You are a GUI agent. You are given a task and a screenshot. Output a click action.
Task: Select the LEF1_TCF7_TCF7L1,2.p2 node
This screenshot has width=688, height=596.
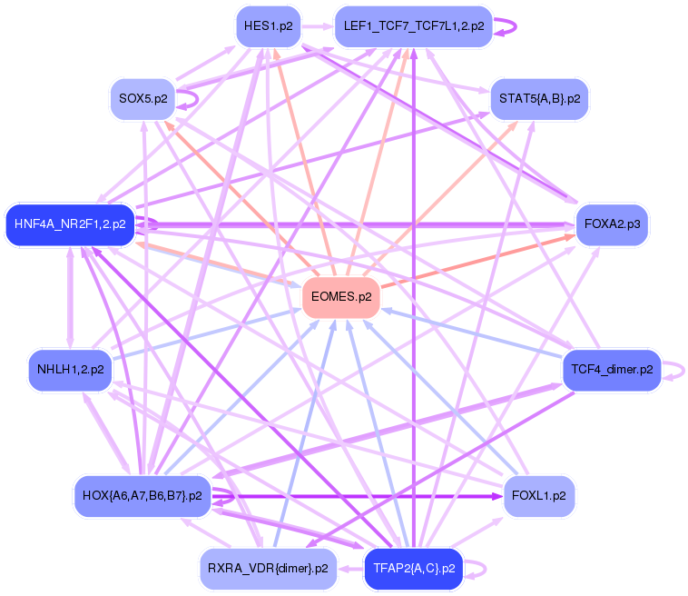point(413,26)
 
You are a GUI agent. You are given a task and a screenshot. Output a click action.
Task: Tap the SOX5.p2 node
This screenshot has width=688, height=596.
point(143,98)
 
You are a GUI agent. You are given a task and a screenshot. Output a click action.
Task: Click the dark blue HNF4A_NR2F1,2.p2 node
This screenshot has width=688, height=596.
point(70,223)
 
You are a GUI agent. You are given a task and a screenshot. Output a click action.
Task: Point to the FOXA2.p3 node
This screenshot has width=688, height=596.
point(614,223)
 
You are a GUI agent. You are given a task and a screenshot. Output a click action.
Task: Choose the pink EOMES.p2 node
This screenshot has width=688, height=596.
point(340,297)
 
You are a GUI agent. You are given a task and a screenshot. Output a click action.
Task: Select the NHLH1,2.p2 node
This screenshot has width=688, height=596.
point(70,370)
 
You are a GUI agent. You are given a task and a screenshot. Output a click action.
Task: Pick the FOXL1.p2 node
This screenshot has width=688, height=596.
point(539,496)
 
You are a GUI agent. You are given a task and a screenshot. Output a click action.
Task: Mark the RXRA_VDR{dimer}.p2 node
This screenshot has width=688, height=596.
point(268,569)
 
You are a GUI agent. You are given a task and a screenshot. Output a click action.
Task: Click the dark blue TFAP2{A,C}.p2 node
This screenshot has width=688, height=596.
point(413,569)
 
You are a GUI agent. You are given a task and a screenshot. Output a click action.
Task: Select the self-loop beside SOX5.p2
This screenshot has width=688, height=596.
point(191,98)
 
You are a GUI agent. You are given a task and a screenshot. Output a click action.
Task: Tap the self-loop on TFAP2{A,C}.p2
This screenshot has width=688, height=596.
point(479,569)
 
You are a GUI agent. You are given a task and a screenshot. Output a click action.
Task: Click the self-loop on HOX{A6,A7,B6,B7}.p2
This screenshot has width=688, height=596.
point(227,496)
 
